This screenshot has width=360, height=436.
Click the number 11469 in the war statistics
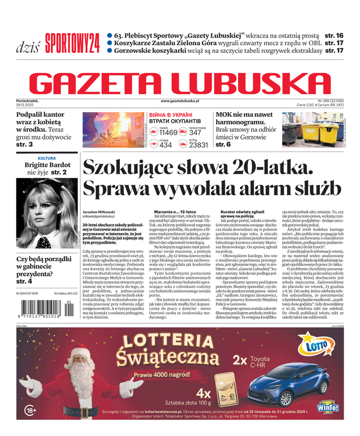(x=168, y=132)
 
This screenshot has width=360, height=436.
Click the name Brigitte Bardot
(x=47, y=165)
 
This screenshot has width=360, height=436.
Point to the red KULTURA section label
(x=47, y=158)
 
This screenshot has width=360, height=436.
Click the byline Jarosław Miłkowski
(x=99, y=211)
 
